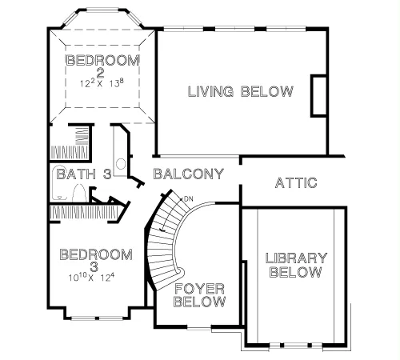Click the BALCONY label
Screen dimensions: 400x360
tap(189, 174)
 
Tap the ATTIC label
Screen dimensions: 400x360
tap(296, 183)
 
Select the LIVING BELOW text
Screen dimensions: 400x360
tap(241, 91)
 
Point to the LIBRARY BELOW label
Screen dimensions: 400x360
tap(296, 265)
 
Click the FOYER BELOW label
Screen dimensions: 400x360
tap(200, 295)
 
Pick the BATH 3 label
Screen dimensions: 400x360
tap(84, 174)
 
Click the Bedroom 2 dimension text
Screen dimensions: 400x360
tap(102, 83)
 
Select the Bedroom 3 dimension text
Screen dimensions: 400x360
tap(91, 278)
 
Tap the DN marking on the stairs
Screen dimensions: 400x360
tap(189, 198)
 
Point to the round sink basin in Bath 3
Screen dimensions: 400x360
tap(121, 164)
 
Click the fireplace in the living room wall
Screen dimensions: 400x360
tap(318, 96)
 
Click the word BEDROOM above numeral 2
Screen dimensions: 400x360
tap(102, 60)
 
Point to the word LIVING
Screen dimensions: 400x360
tap(210, 91)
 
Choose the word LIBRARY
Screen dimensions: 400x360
tap(296, 258)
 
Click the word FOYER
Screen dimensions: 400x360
tap(199, 289)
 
